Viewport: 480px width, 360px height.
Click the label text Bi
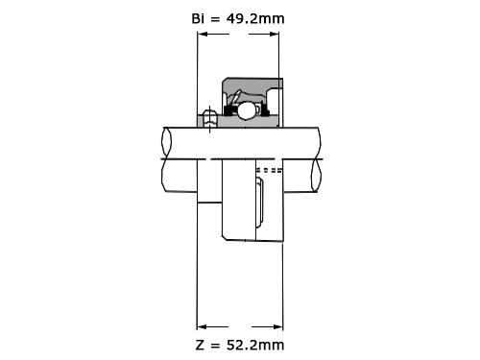(x=198, y=18)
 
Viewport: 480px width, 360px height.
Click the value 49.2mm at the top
(x=255, y=19)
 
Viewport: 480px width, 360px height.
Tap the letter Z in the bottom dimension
(x=200, y=345)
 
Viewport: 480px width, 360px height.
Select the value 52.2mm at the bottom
(x=255, y=345)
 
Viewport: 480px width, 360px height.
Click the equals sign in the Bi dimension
(x=215, y=19)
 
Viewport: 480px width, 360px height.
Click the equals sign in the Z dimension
(x=215, y=346)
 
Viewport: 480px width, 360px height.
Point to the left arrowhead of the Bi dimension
(x=203, y=34)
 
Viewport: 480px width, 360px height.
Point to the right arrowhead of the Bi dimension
(x=274, y=34)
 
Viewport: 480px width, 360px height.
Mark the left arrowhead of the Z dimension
(x=202, y=326)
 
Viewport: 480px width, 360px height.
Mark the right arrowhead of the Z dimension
(x=277, y=326)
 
